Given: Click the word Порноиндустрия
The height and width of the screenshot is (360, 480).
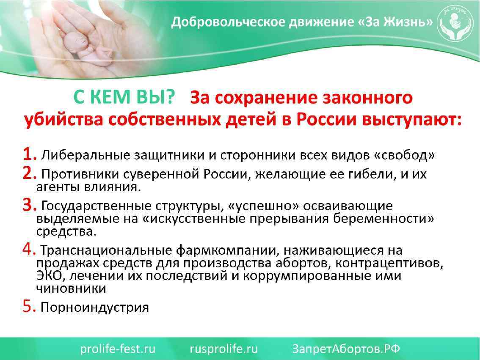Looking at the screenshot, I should pyautogui.click(x=94, y=307).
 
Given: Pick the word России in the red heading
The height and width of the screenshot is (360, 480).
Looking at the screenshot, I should pyautogui.click(x=326, y=120).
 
